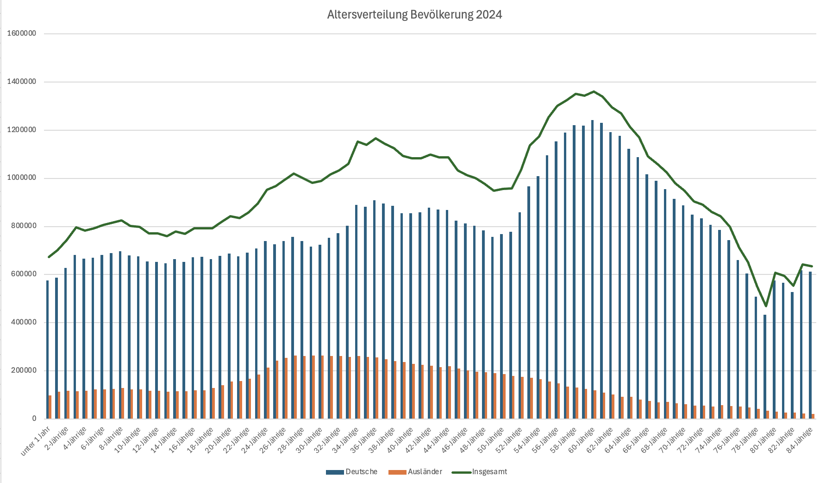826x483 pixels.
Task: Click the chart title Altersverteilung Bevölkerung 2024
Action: pos(414,15)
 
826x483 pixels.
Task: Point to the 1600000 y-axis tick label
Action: pos(21,34)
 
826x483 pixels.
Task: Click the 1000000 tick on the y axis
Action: pos(21,178)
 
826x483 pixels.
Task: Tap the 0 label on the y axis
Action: pos(34,419)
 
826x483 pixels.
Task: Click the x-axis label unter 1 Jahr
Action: pos(36,441)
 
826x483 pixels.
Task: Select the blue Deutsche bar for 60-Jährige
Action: pos(592,269)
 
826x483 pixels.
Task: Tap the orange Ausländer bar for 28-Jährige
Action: pos(295,387)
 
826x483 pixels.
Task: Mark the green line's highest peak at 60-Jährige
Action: pos(594,91)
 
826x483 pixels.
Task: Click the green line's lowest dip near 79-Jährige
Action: pos(766,306)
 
